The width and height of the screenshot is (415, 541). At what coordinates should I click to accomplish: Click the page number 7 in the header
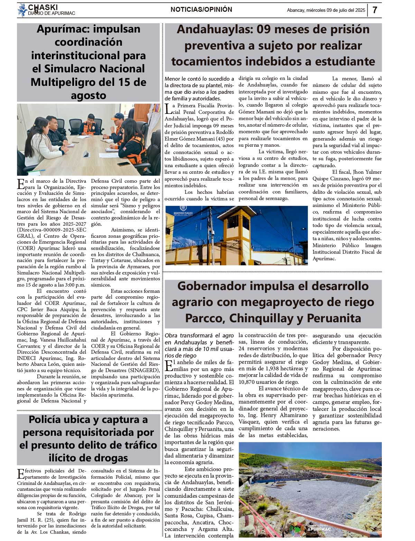[x=375, y=10]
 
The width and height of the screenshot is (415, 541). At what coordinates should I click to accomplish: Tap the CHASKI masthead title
[x=43, y=7]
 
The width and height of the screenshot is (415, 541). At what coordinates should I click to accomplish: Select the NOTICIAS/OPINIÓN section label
[x=201, y=10]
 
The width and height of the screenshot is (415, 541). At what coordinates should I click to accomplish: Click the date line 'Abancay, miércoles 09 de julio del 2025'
[x=326, y=10]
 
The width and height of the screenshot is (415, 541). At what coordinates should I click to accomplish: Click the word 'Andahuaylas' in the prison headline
[x=215, y=29]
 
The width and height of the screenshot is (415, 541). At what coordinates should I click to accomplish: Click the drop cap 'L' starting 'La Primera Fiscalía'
[x=168, y=109]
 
